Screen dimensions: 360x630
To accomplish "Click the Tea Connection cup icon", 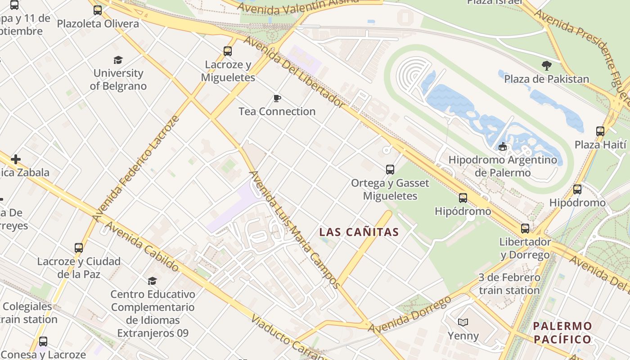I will pos(277,98).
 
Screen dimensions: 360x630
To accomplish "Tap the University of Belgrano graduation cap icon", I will pos(118,60).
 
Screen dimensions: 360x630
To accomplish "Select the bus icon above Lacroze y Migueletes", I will pos(228,51).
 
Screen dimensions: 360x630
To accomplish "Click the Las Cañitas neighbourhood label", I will pos(359,232).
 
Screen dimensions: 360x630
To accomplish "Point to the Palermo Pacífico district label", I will pos(562,333).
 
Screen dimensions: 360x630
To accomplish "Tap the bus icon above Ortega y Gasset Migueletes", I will pos(390,170).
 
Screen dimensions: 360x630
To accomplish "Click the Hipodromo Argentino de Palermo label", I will pos(503,166).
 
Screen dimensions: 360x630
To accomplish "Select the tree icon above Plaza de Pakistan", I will pos(547,66).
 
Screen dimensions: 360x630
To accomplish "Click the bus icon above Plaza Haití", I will pos(600,131).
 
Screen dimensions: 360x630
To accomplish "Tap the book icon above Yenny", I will pos(463,322).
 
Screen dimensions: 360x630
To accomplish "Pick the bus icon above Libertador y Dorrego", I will pos(525,229).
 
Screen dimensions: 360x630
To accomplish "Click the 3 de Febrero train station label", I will pos(509,284).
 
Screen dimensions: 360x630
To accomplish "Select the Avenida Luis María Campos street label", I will pos(295,229).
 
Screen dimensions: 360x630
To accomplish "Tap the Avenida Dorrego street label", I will pos(410,316).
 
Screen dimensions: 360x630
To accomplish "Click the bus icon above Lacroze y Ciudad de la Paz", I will pos(79,248).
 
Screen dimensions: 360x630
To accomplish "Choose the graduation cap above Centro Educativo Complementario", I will pos(153,281).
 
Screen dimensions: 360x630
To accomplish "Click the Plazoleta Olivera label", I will pos(98,23).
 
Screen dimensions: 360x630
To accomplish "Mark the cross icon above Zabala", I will pos(16,159).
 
